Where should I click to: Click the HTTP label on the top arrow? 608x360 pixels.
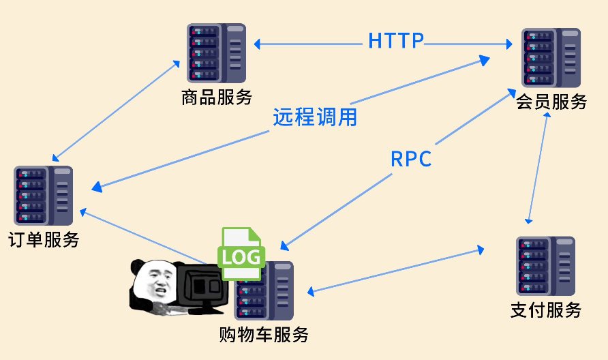(x=396, y=41)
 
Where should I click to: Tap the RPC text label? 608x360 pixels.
(x=411, y=159)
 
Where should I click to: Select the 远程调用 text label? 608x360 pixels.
(x=315, y=117)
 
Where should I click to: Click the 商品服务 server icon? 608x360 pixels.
(x=216, y=52)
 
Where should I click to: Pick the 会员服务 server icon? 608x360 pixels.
(x=551, y=57)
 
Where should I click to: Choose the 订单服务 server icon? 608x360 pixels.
(x=44, y=196)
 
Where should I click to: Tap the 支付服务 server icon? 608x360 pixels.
(x=545, y=266)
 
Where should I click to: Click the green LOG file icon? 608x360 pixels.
(x=239, y=254)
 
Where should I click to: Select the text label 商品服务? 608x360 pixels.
(x=217, y=97)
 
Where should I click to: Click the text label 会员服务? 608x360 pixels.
(x=551, y=102)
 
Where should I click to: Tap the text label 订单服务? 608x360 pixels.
(x=44, y=240)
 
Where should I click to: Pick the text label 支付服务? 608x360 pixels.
(x=545, y=310)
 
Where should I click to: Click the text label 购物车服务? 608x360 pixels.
(x=264, y=335)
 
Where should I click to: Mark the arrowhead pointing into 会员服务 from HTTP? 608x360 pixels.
(x=508, y=44)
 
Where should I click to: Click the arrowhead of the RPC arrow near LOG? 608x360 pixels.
(x=286, y=245)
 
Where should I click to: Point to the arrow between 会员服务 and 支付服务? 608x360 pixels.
(x=537, y=167)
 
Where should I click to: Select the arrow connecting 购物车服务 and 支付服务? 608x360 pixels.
(x=395, y=271)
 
